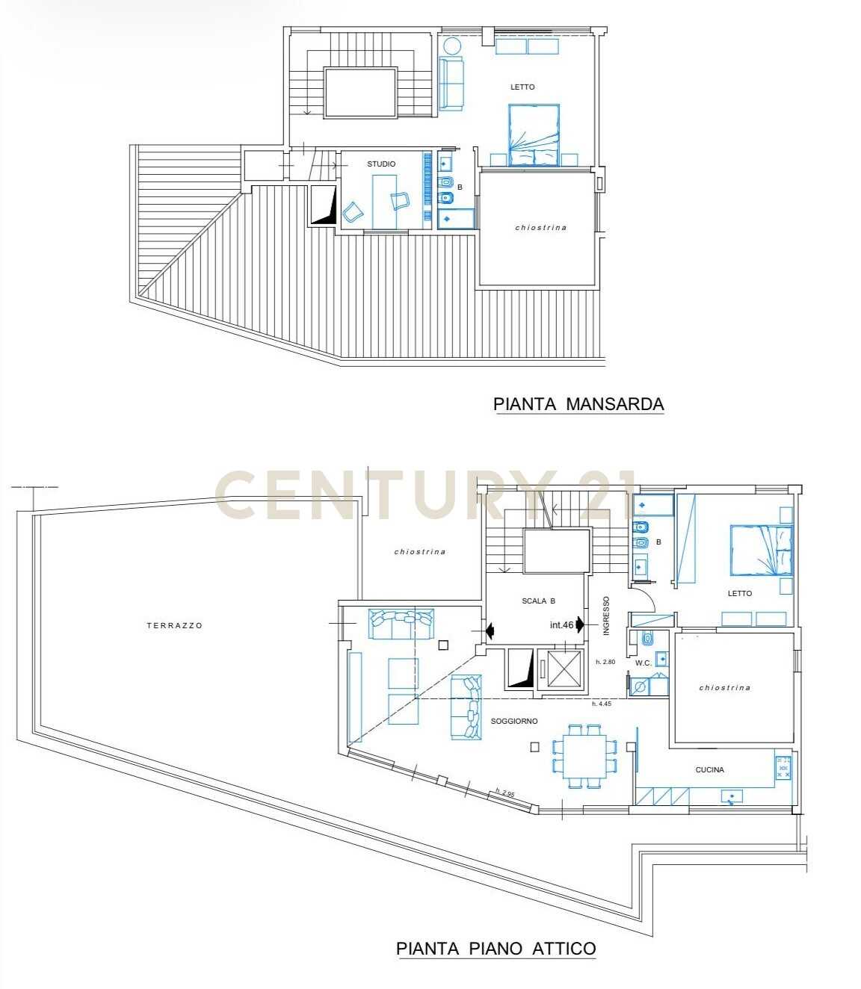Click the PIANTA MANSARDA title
pyautogui.click(x=578, y=404)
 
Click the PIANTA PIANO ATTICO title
pyautogui.click(x=496, y=949)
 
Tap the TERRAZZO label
pyautogui.click(x=174, y=625)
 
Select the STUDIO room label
pyautogui.click(x=381, y=164)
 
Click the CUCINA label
pyautogui.click(x=709, y=769)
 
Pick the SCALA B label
pyautogui.click(x=538, y=601)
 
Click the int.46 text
pyautogui.click(x=561, y=624)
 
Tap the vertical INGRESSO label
pyautogui.click(x=606, y=616)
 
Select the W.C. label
pyautogui.click(x=644, y=663)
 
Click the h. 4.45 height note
pyautogui.click(x=602, y=704)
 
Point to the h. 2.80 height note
pyautogui.click(x=605, y=662)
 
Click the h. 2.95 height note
pyautogui.click(x=505, y=793)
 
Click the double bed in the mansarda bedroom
pyautogui.click(x=534, y=135)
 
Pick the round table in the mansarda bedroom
pyautogui.click(x=452, y=46)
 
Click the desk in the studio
pyautogui.click(x=385, y=202)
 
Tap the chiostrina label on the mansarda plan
pyautogui.click(x=541, y=227)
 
